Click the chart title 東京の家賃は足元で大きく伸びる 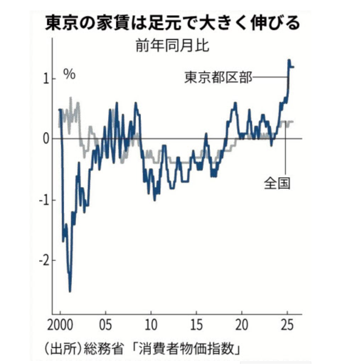[173, 23]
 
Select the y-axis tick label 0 [46, 139]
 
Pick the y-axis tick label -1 [44, 200]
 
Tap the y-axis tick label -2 [44, 261]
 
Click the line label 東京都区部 [218, 77]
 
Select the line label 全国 [277, 184]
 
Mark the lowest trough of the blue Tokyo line [70, 291]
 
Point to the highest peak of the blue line [289, 60]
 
